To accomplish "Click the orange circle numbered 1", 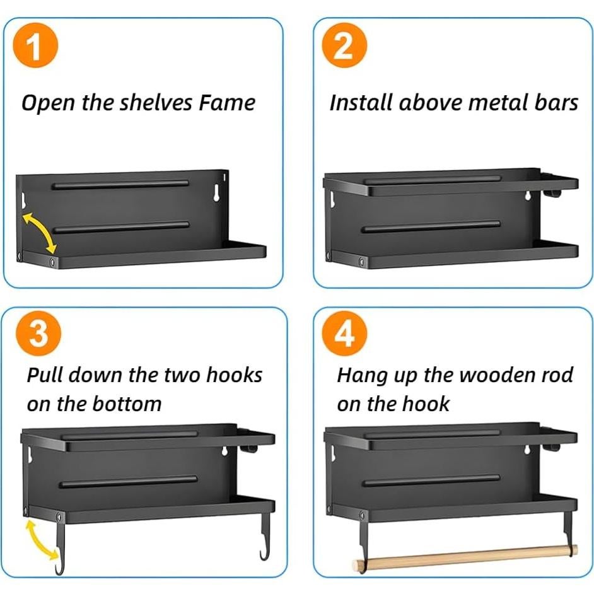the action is [35, 45].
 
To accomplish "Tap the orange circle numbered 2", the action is [344, 45].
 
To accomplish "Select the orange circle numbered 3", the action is [38, 334].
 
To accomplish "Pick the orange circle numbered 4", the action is [344, 334].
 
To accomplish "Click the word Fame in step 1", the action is [227, 103].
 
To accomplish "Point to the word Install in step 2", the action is [360, 103].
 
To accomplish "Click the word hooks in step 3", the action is [234, 375].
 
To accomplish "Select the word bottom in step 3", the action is [127, 404].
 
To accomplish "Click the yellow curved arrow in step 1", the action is [41, 231].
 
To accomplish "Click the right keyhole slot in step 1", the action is [216, 192].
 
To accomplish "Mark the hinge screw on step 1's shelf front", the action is [52, 262].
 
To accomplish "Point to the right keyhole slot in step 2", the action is [527, 195].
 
